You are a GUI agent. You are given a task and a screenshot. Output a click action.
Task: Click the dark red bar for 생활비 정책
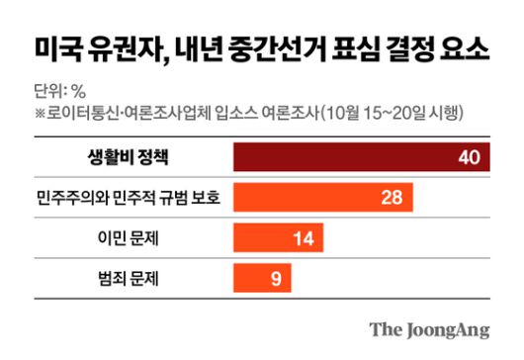pos(361,157)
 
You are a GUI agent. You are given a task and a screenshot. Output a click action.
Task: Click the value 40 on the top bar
pos(468,157)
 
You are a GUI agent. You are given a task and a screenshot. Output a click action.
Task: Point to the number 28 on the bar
pos(390,197)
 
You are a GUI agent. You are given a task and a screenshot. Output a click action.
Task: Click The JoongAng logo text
pos(429,328)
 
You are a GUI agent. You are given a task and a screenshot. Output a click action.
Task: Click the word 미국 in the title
pos(56,46)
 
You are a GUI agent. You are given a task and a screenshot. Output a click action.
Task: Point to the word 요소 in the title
pos(465,46)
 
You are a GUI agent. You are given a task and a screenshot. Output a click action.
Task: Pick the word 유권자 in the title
pos(126,46)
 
